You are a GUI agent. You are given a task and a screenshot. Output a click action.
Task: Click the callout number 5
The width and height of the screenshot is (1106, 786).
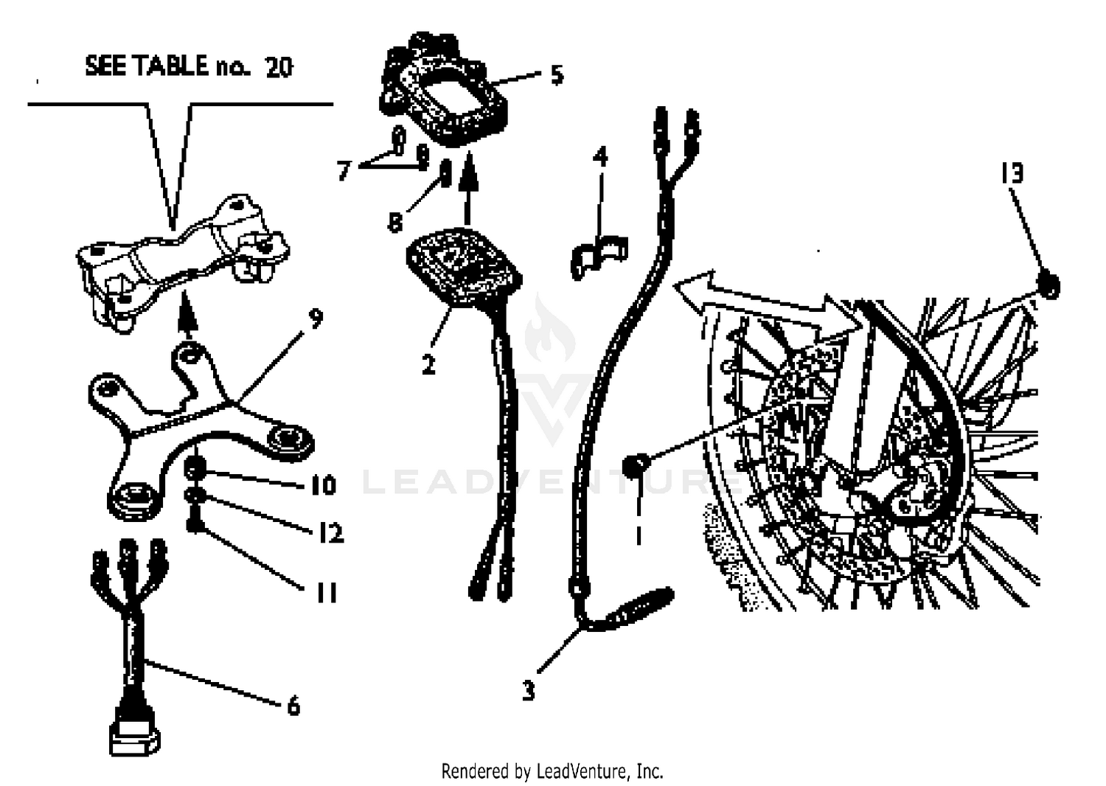pyautogui.click(x=557, y=75)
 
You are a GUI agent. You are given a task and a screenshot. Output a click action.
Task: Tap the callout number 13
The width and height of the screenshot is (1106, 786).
pyautogui.click(x=1012, y=173)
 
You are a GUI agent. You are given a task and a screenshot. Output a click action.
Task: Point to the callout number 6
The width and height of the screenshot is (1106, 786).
pyautogui.click(x=293, y=706)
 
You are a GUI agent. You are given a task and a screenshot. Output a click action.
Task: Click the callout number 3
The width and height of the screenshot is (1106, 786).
pyautogui.click(x=529, y=691)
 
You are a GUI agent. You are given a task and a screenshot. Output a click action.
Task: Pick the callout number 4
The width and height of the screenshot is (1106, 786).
pyautogui.click(x=600, y=157)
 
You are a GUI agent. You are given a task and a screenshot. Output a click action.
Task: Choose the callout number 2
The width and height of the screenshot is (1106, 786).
pyautogui.click(x=428, y=364)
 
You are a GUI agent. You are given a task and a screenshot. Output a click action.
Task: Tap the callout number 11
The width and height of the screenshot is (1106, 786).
pyautogui.click(x=327, y=593)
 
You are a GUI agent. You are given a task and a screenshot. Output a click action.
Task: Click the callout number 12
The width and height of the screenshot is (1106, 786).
pyautogui.click(x=331, y=532)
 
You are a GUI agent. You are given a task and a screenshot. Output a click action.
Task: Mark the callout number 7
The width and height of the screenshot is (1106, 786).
pyautogui.click(x=344, y=171)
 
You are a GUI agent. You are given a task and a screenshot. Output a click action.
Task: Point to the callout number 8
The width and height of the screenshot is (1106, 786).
pyautogui.click(x=395, y=223)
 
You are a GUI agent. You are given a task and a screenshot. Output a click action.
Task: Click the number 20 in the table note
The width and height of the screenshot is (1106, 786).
pyautogui.click(x=279, y=68)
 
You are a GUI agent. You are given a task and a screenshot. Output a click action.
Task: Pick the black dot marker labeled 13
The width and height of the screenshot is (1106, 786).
pyautogui.click(x=1048, y=286)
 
